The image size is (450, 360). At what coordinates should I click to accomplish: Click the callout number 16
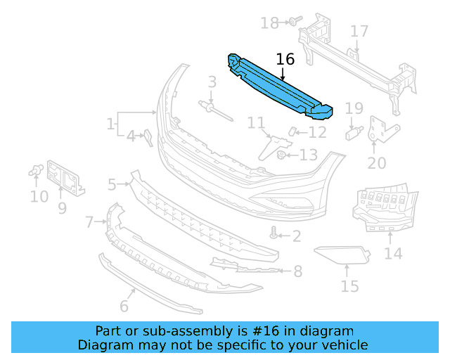(285, 59)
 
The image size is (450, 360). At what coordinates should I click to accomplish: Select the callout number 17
(359, 32)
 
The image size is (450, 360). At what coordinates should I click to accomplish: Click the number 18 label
(269, 23)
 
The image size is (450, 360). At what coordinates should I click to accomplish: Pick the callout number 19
(354, 108)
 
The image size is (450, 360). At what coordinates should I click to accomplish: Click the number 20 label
(377, 163)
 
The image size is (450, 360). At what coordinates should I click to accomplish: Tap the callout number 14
(393, 252)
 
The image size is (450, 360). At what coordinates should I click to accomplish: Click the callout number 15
(349, 286)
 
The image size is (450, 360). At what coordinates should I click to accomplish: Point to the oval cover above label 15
(341, 255)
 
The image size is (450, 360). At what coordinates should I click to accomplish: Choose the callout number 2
(296, 236)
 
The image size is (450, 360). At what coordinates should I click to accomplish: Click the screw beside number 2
(274, 233)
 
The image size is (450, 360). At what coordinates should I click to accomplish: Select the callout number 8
(297, 271)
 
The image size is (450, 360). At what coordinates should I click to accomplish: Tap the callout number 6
(124, 306)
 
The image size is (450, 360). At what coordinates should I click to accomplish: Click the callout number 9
(62, 208)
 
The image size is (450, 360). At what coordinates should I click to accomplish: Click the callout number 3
(212, 84)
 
